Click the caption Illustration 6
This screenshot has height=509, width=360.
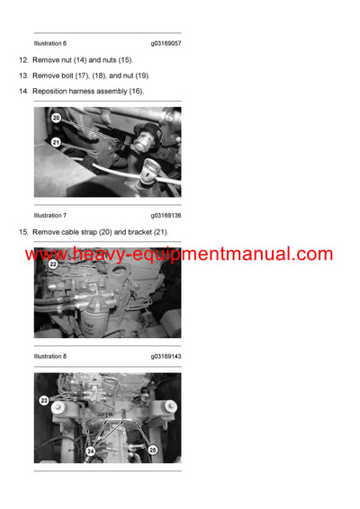(50, 43)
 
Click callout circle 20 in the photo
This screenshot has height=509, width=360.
(56, 118)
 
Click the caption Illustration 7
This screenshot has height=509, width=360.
(50, 216)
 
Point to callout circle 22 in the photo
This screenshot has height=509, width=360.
(53, 264)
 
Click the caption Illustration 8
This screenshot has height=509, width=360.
(50, 356)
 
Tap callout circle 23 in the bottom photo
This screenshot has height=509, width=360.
(43, 401)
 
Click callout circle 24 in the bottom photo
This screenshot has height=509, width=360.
(90, 451)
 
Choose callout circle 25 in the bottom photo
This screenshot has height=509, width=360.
(152, 449)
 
